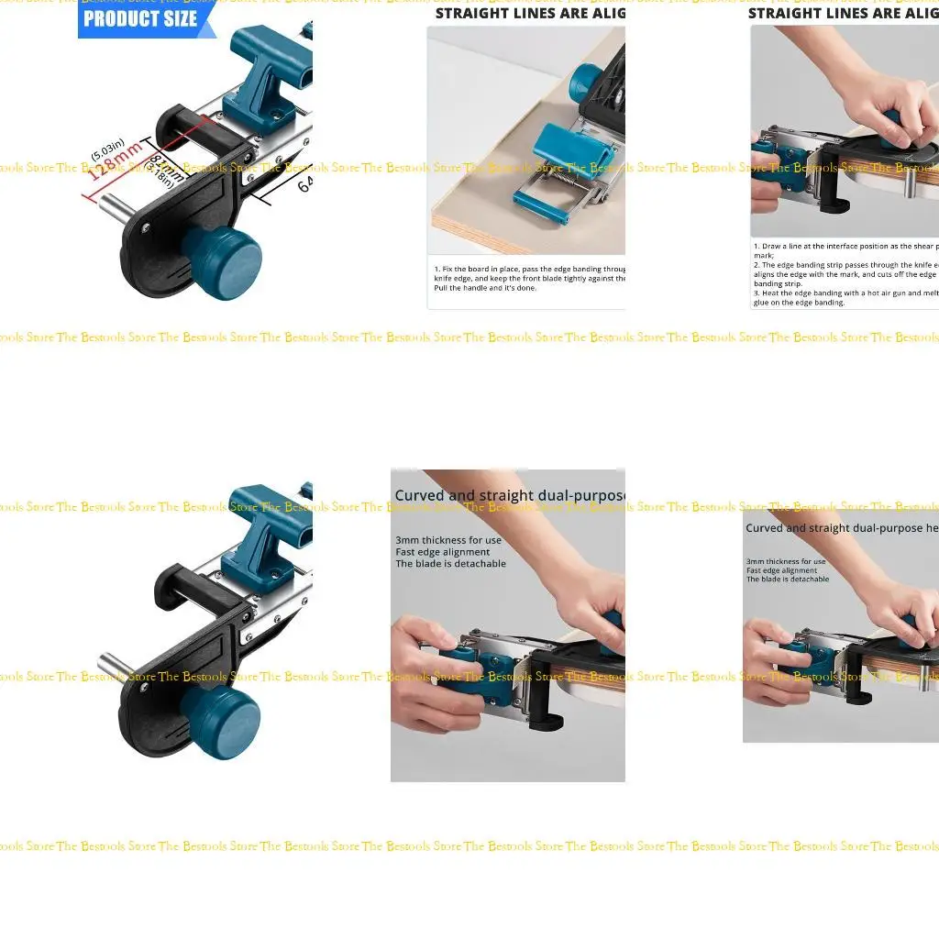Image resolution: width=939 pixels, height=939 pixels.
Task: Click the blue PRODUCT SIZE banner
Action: click(142, 18)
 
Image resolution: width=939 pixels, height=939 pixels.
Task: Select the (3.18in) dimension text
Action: click(162, 177)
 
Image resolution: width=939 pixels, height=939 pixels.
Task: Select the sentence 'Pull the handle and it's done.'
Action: click(485, 288)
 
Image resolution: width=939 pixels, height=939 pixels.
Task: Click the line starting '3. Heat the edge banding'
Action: click(844, 293)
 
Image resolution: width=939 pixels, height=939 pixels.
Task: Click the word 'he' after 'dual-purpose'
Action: click(932, 528)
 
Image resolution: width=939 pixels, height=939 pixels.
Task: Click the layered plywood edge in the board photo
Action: click(477, 238)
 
